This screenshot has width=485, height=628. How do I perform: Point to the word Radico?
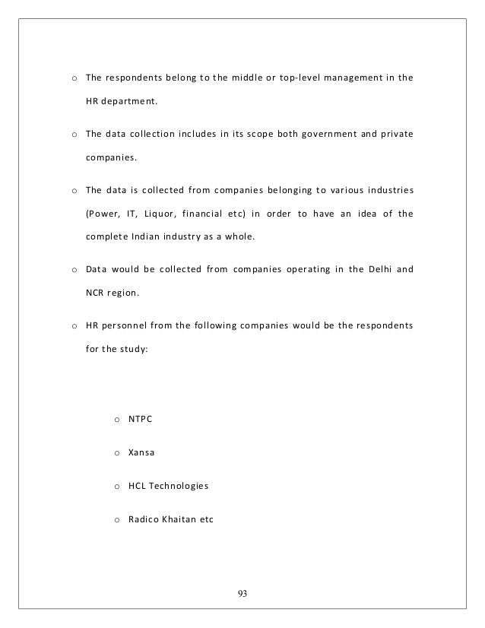pyautogui.click(x=144, y=518)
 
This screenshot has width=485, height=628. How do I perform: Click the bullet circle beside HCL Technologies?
pyautogui.click(x=116, y=485)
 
